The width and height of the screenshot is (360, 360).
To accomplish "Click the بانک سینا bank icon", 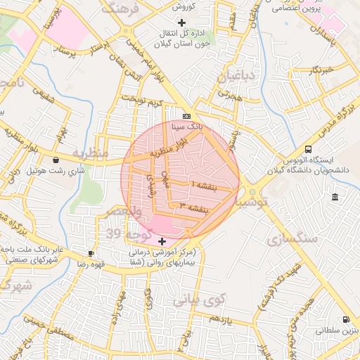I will pyautogui.click(x=186, y=116).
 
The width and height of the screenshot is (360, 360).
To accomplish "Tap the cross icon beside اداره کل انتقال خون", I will pyautogui.click(x=181, y=22).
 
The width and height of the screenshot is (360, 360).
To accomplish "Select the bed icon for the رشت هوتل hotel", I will pyautogui.click(x=56, y=160).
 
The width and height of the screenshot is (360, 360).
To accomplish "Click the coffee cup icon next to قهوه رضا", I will pyautogui.click(x=91, y=253).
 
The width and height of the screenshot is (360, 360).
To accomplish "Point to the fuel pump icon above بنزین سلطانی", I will pyautogui.click(x=345, y=319).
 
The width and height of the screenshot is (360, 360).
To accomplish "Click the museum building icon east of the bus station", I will pyautogui.click(x=334, y=195).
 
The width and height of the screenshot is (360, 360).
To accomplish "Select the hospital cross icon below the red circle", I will pyautogui.click(x=162, y=241).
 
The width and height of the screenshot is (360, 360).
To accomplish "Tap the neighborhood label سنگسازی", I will pyautogui.click(x=292, y=239).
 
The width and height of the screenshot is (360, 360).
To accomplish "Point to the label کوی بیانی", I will pyautogui.click(x=193, y=300).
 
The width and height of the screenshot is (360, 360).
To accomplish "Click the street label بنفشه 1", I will pyautogui.click(x=202, y=185).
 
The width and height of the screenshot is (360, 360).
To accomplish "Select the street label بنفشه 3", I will pyautogui.click(x=195, y=207).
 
